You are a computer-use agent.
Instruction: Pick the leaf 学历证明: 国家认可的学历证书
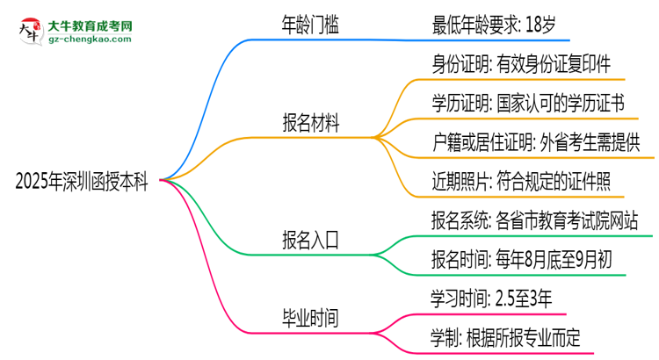[x=527, y=104]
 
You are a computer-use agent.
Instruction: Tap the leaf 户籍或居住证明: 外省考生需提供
[x=536, y=142]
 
